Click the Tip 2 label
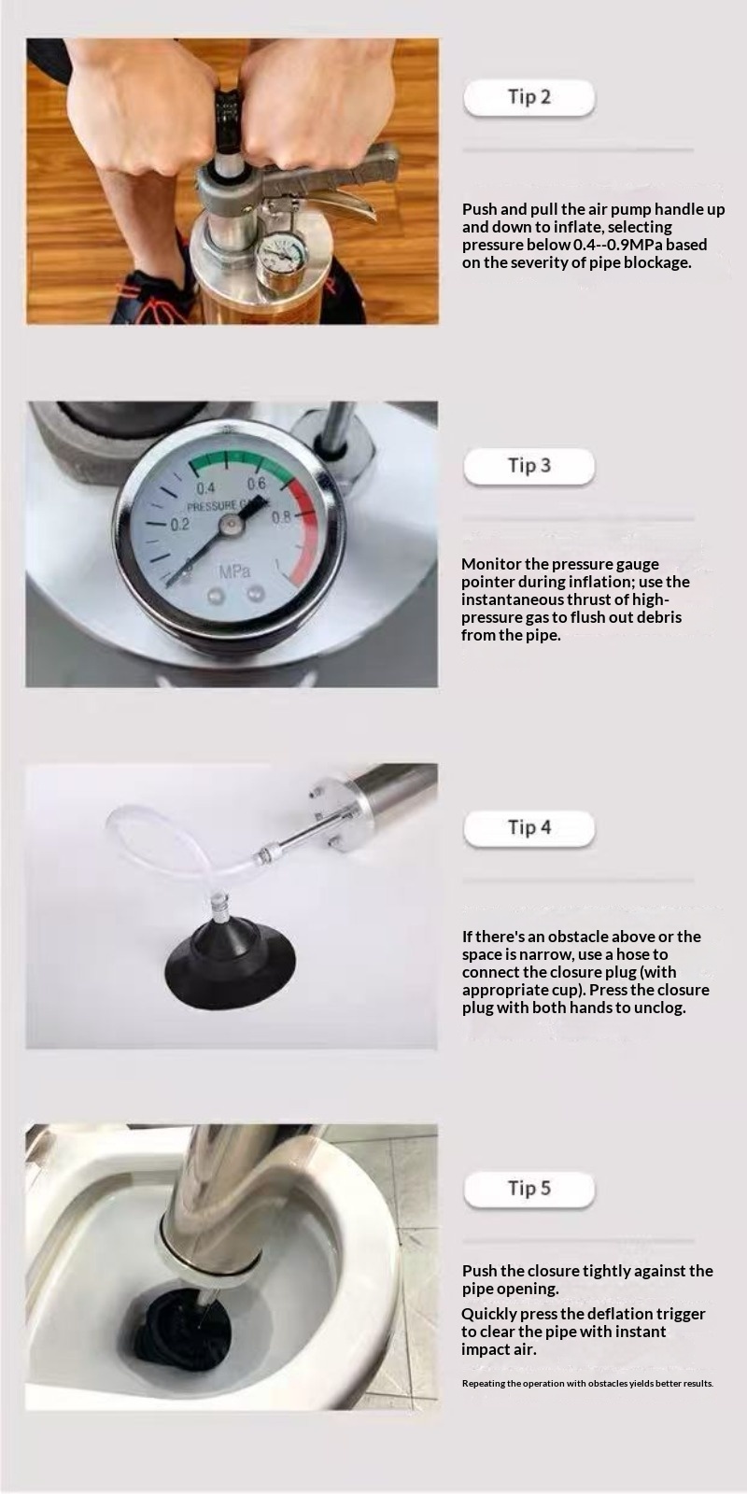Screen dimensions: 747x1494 coord(529,97)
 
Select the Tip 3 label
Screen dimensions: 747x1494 coord(529,466)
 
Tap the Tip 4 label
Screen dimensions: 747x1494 coord(529,827)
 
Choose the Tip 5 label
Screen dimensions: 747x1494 coord(529,1189)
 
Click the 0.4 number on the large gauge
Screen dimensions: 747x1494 coord(205,487)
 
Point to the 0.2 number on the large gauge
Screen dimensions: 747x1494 coord(179,525)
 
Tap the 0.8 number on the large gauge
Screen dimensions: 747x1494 coord(281,517)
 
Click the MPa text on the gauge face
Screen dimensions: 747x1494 coord(234,571)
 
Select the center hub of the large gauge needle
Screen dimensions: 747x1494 coord(232,527)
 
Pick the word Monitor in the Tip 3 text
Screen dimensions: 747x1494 coord(491,564)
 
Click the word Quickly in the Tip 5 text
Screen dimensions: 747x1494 coord(489,1314)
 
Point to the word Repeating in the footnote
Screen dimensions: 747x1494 coord(483,1383)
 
